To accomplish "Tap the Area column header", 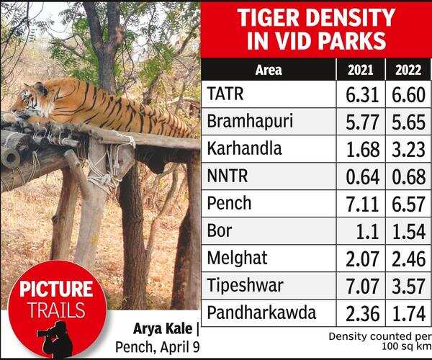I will [269, 71].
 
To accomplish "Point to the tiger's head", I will [30, 101].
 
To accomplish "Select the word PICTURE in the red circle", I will [55, 290].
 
